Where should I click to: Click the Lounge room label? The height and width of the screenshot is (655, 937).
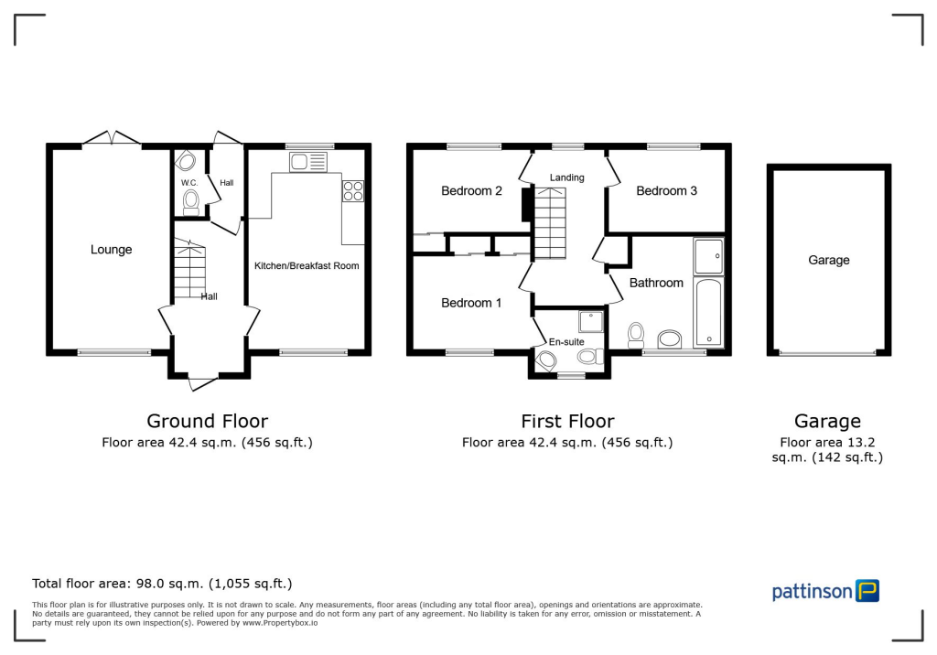coord(111,250)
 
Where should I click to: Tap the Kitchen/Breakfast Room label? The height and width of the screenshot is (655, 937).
coord(307,266)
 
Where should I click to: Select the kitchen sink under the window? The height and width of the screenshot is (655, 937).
coord(307,163)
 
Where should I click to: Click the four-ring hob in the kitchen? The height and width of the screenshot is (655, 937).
coord(352,191)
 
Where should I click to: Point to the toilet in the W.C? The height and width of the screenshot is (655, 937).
coord(191,201)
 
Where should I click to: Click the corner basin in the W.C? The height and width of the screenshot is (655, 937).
coord(185,162)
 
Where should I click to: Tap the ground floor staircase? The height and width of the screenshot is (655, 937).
coord(189,269)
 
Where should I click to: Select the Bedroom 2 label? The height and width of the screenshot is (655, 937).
coord(471,191)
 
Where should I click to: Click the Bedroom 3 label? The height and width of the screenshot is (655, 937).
coord(666,191)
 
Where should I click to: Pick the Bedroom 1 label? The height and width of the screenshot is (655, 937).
coord(471,303)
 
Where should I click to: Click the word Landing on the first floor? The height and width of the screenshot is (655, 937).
coord(566,177)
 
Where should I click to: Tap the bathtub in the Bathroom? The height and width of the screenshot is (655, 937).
coord(709,313)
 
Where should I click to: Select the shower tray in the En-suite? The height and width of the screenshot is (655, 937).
coord(591,322)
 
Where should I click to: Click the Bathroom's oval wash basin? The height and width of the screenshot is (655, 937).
coord(670,339)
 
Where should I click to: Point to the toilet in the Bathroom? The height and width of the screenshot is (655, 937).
coord(635,335)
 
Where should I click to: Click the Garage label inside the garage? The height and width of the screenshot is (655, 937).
coord(828,261)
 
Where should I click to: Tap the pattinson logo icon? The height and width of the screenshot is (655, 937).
coord(867,590)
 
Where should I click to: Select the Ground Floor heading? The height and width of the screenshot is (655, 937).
coord(207,422)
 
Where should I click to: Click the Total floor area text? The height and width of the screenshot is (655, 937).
coord(162,584)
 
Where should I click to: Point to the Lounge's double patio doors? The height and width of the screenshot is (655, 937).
coord(112,138)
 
